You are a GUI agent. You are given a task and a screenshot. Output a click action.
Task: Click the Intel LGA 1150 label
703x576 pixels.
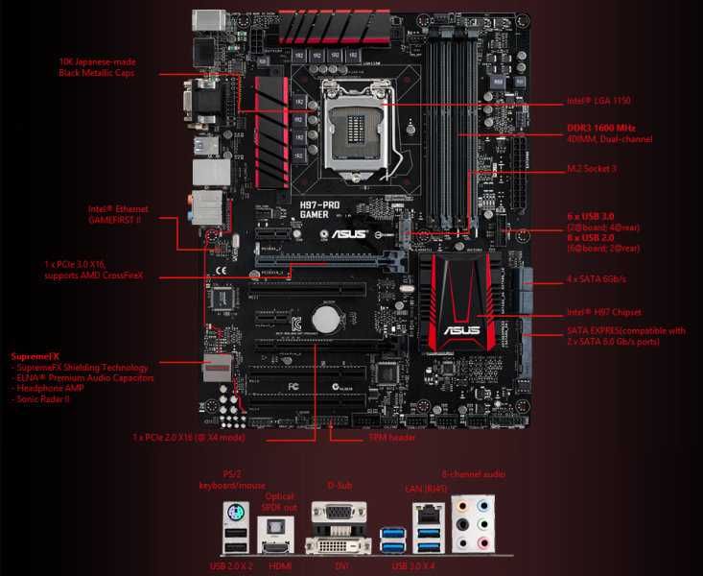599,101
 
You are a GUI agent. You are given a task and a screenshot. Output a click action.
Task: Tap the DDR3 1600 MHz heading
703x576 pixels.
599,127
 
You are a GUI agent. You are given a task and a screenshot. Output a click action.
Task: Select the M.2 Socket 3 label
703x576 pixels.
594,170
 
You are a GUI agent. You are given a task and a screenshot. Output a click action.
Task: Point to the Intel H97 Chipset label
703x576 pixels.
603,312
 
